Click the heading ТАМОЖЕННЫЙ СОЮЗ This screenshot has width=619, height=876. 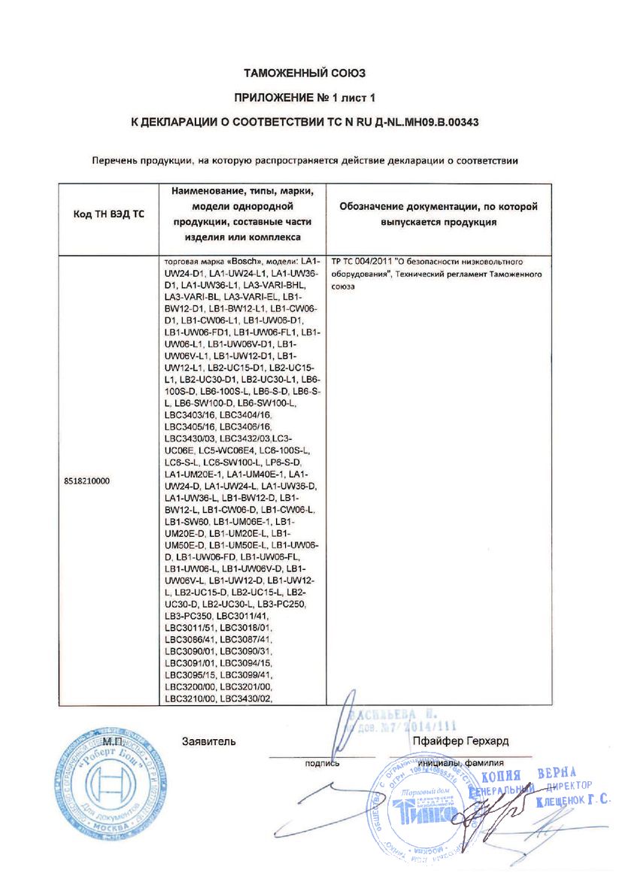point(304,74)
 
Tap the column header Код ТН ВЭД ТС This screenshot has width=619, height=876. point(108,215)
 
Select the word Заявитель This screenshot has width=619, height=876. point(209,741)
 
